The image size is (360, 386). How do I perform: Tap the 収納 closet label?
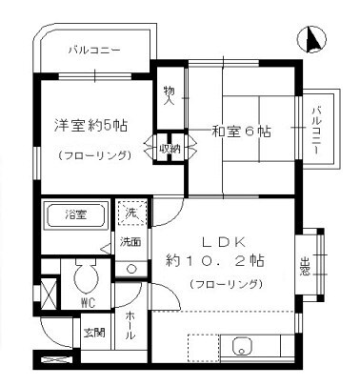[168, 148]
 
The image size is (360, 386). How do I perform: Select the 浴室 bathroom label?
[76, 212]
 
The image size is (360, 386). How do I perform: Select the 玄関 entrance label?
[93, 333]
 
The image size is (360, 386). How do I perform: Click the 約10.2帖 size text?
[215, 260]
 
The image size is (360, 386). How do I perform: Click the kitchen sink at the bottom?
[240, 347]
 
